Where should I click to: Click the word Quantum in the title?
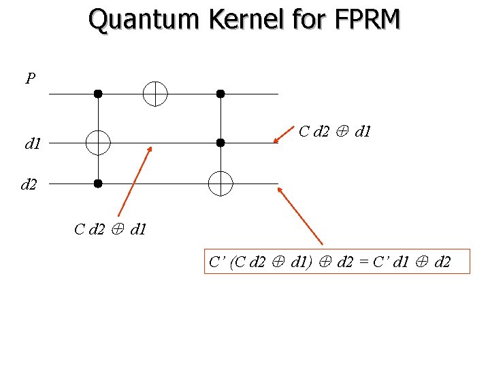point(144,20)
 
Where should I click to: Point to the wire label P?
point(30,79)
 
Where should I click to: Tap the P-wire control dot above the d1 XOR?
point(98,93)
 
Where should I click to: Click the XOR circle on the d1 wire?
point(98,143)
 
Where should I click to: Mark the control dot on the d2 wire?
point(98,183)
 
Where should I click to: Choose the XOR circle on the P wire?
point(155,93)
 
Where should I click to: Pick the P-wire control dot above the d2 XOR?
point(220,93)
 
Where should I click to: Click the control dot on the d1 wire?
point(220,143)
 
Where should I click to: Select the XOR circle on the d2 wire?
point(220,183)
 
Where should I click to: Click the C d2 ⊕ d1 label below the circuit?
point(110,229)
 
